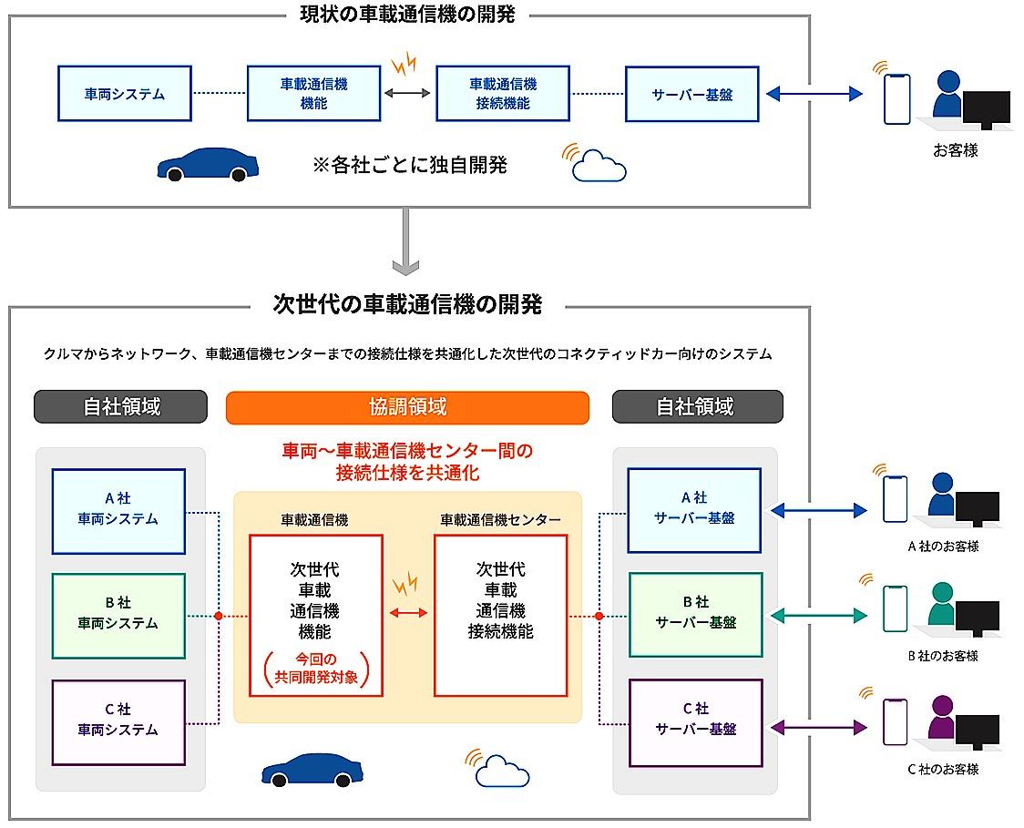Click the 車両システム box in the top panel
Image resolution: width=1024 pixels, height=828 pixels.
click(125, 93)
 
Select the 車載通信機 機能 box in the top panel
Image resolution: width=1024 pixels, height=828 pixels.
click(313, 93)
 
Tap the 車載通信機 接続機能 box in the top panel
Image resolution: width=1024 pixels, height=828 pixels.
click(503, 93)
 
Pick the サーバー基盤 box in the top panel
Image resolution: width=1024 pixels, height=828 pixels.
click(691, 93)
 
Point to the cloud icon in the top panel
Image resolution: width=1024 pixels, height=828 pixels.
click(599, 166)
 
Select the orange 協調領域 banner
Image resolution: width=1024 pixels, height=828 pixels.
click(407, 407)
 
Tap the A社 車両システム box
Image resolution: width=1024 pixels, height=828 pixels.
click(118, 510)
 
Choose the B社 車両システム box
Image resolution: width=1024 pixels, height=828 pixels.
click(118, 615)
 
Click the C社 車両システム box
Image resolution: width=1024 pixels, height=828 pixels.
click(118, 721)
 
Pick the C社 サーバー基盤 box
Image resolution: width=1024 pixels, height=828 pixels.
click(695, 721)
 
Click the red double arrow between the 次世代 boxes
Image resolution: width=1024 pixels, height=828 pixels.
click(408, 613)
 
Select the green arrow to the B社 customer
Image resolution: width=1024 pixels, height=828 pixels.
click(819, 617)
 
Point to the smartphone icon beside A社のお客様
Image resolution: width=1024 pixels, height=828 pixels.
click(895, 498)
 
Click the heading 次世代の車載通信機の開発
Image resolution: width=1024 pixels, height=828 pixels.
click(407, 305)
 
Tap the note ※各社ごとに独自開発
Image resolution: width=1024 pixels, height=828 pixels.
click(409, 165)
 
